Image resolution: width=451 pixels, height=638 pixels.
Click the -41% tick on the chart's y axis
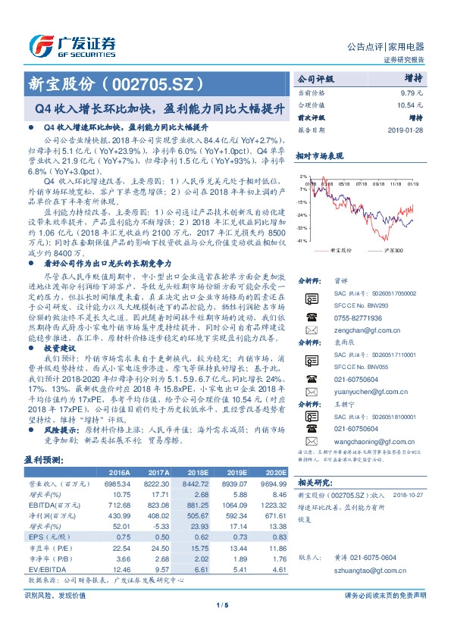(x=302, y=240)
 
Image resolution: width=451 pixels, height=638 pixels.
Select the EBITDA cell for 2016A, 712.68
(x=122, y=505)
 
